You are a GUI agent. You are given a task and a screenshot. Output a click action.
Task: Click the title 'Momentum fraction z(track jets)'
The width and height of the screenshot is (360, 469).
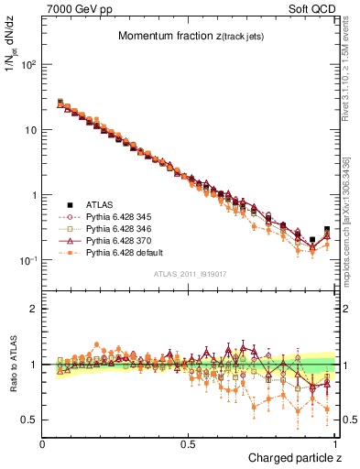click(x=190, y=37)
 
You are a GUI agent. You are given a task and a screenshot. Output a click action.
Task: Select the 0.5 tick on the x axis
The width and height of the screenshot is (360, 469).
click(x=189, y=443)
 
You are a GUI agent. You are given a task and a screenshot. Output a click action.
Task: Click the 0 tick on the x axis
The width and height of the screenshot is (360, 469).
click(x=43, y=443)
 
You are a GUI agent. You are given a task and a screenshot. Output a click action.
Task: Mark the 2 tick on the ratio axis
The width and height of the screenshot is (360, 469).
click(x=34, y=309)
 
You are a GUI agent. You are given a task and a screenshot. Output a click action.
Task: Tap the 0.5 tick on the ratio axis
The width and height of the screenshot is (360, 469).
click(x=30, y=420)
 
